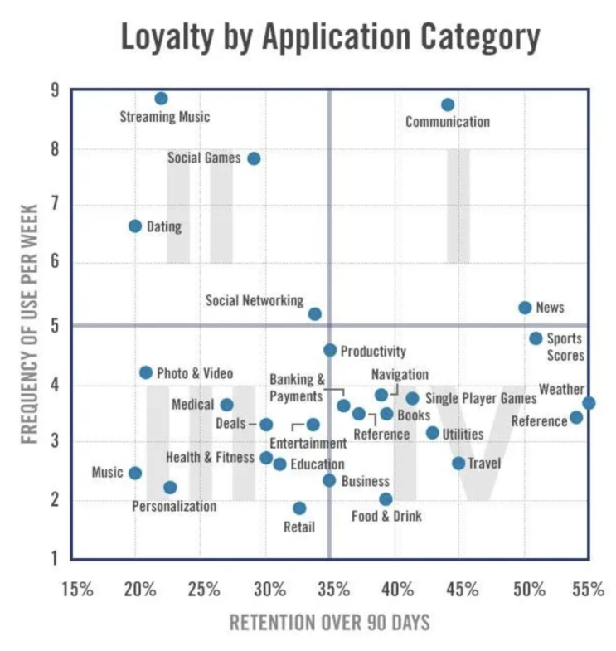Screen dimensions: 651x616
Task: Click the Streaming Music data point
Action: click(161, 99)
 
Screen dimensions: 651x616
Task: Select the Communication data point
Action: click(448, 104)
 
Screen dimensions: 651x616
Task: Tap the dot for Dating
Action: click(135, 226)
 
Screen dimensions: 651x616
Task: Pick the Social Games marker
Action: click(254, 158)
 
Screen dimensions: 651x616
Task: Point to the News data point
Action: click(525, 308)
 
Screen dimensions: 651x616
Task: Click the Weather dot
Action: click(589, 403)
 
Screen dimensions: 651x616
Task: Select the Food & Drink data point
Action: click(386, 499)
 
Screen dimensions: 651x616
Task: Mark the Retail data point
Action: click(299, 508)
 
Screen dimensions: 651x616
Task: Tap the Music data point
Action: click(135, 473)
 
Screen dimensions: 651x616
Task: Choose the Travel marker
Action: click(458, 464)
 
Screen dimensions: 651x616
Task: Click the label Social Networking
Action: click(255, 300)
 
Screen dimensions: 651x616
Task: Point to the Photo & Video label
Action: click(195, 374)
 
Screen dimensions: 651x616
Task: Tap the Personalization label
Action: click(174, 506)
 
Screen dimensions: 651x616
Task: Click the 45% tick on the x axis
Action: click(461, 590)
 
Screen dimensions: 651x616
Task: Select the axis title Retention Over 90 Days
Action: click(329, 622)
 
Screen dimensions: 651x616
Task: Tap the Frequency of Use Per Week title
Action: click(29, 323)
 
